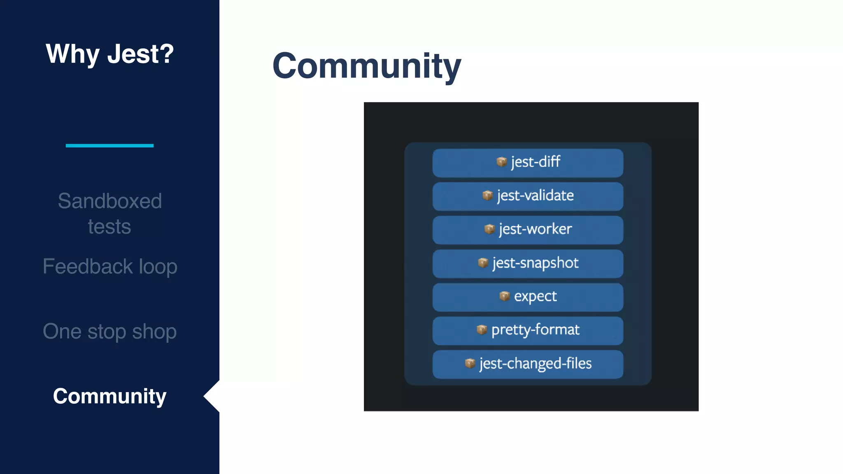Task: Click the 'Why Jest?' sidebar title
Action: point(109,54)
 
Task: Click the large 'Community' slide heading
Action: point(366,66)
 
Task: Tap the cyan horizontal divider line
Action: point(109,146)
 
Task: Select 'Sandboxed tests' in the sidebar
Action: point(109,214)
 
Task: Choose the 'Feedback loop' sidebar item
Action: point(110,266)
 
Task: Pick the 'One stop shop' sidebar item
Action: point(110,331)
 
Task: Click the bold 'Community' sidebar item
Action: point(109,396)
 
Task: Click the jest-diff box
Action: point(528,163)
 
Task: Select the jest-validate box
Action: point(528,196)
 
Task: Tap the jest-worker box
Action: point(528,230)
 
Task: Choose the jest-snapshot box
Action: point(528,263)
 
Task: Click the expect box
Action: point(528,297)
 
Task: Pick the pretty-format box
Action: point(528,330)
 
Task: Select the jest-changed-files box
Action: point(528,364)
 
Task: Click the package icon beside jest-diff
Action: point(501,162)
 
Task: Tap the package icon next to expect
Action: point(504,296)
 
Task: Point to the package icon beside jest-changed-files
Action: point(470,363)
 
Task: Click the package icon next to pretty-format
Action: point(482,329)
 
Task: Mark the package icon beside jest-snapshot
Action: point(483,262)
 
